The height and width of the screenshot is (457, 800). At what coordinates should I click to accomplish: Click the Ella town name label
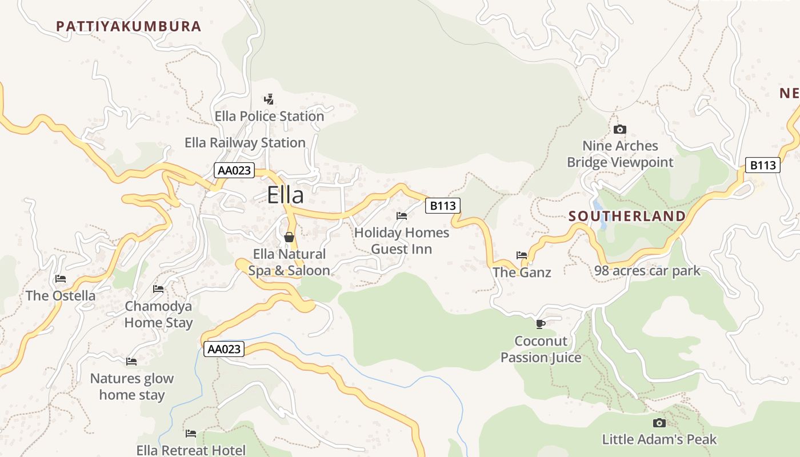(285, 195)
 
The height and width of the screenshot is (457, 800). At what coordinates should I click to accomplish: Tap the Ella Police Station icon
(269, 99)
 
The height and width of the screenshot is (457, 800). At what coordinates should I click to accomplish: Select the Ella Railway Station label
(245, 142)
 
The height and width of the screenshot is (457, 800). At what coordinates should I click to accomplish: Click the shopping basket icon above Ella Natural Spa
(289, 236)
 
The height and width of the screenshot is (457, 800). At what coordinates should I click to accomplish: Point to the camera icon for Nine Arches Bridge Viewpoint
(620, 129)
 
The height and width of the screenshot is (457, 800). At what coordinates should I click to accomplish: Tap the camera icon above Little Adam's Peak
(659, 423)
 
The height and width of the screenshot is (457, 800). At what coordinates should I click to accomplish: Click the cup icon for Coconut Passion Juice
(541, 324)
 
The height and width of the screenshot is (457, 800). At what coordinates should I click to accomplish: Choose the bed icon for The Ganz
(522, 255)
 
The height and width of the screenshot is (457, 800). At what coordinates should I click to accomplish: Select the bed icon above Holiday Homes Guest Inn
(402, 216)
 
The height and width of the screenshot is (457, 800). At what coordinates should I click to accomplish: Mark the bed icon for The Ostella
(61, 279)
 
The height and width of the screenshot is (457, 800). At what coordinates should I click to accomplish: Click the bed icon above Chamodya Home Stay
(158, 289)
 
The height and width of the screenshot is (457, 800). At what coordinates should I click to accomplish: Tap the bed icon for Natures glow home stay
(131, 361)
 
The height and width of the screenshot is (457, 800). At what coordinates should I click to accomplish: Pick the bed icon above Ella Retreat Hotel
(191, 434)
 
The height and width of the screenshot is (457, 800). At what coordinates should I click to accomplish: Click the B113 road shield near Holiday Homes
(442, 206)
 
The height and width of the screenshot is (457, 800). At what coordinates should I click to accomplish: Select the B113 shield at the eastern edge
(763, 165)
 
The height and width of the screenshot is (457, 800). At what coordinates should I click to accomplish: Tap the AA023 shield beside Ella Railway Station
(234, 170)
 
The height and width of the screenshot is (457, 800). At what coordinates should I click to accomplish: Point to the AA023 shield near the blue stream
(224, 348)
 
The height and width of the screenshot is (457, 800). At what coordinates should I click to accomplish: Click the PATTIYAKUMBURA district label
(129, 26)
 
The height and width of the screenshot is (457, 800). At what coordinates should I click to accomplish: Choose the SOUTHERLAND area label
(627, 216)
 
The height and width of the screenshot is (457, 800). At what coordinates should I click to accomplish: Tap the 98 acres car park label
(647, 271)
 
